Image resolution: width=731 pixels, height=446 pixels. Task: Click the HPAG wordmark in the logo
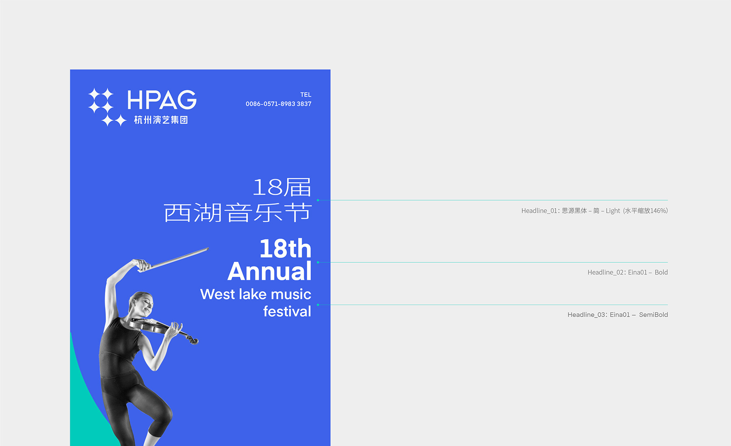pyautogui.click(x=162, y=100)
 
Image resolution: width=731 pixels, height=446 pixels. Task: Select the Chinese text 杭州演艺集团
pyautogui.click(x=161, y=120)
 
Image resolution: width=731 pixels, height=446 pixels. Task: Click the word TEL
pyautogui.click(x=306, y=95)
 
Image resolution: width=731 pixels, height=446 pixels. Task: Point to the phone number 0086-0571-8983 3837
pyautogui.click(x=279, y=104)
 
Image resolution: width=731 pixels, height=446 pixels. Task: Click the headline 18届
pyautogui.click(x=282, y=187)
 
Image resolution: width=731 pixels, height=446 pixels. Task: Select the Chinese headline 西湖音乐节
pyautogui.click(x=238, y=213)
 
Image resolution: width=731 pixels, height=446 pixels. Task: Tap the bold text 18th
pyautogui.click(x=285, y=248)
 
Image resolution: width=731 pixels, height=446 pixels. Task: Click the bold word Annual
pyautogui.click(x=270, y=271)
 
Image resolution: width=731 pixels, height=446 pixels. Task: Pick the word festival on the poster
pyautogui.click(x=287, y=311)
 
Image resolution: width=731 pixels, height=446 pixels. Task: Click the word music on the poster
pyautogui.click(x=291, y=294)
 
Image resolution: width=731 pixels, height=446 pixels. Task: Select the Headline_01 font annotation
pyautogui.click(x=595, y=211)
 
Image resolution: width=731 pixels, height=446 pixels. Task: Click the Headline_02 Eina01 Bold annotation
pyautogui.click(x=627, y=272)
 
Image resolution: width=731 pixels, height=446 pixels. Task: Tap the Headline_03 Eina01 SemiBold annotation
pyautogui.click(x=618, y=315)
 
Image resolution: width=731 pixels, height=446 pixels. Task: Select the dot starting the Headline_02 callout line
pyautogui.click(x=318, y=263)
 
